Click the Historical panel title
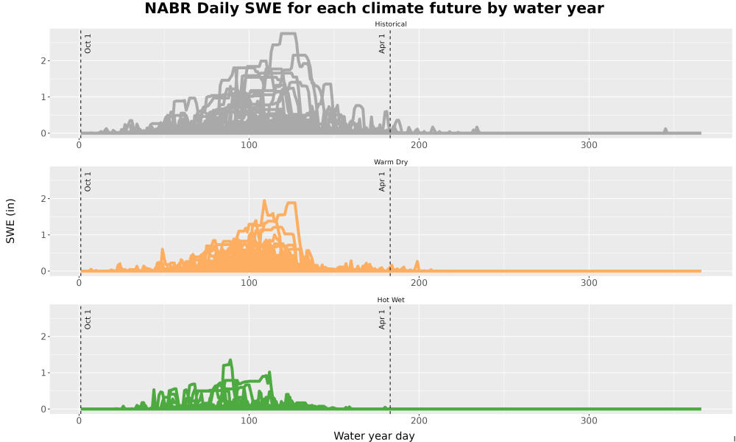(391, 24)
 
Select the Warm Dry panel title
(391, 162)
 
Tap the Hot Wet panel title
(391, 300)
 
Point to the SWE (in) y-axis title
(10, 221)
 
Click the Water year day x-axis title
(374, 436)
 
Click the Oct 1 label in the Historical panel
(88, 43)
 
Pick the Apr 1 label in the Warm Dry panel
(382, 181)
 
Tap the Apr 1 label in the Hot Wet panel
(382, 320)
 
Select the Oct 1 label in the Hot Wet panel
(88, 320)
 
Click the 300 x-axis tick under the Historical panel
(589, 145)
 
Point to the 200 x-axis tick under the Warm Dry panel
(419, 283)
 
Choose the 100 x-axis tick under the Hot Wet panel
(249, 421)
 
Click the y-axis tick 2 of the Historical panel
(43, 61)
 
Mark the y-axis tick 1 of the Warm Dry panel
(43, 235)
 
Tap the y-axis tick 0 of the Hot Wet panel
(43, 409)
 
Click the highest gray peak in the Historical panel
(287, 34)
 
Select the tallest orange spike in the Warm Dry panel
(264, 200)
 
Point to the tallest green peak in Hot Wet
(230, 360)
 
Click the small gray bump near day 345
(665, 129)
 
